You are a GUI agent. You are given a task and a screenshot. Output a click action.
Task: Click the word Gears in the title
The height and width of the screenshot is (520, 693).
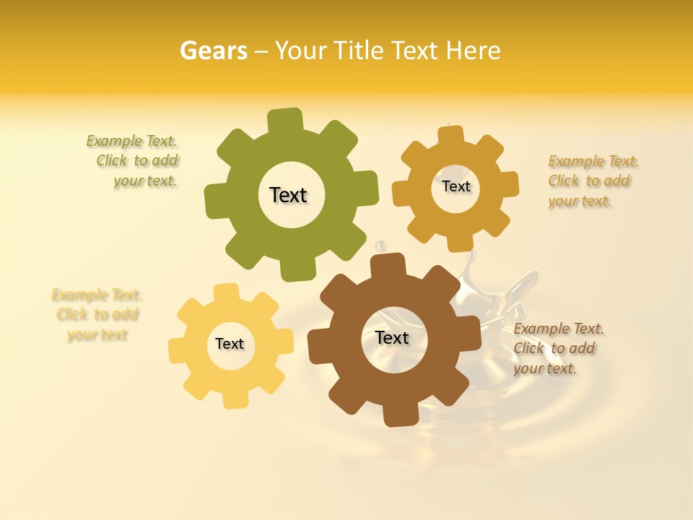[x=213, y=51]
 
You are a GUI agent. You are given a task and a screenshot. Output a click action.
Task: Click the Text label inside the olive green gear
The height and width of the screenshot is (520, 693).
[x=288, y=195]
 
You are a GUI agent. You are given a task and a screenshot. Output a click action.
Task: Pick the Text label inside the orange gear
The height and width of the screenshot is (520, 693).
[x=456, y=186]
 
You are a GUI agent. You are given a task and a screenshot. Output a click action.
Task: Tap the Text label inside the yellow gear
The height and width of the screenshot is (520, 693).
[x=230, y=344]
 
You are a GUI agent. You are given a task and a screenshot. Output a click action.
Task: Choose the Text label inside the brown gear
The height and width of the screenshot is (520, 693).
[x=392, y=337]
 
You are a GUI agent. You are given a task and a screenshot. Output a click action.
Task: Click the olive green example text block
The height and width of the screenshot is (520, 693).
[x=137, y=161]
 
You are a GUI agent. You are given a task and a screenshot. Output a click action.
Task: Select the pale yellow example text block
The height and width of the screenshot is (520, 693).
[x=97, y=315]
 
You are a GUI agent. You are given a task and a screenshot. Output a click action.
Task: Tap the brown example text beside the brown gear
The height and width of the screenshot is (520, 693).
[x=555, y=348]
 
